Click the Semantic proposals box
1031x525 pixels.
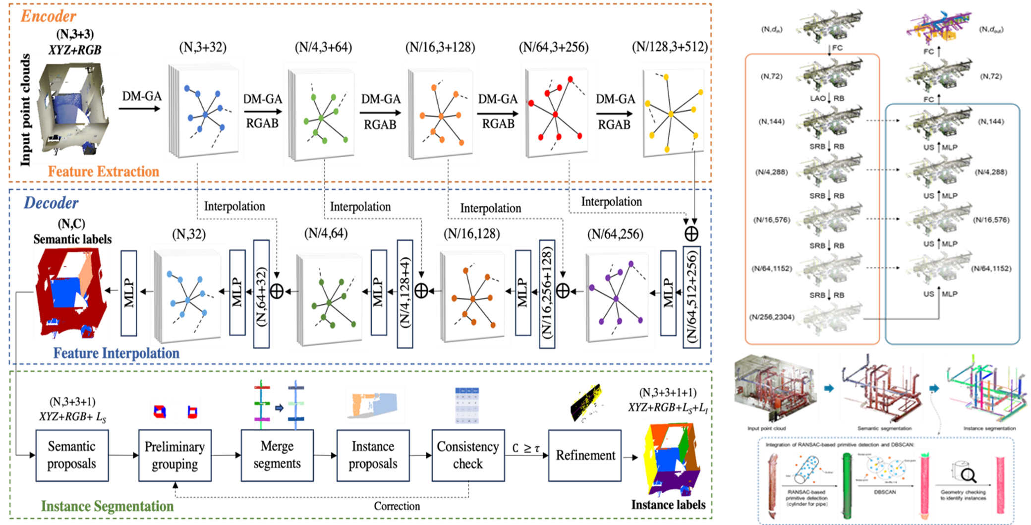coord(72,455)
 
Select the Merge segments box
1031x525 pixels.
coord(277,455)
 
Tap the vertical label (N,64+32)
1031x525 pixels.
coord(261,295)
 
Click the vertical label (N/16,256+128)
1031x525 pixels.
coord(547,294)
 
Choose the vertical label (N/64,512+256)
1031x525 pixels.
coord(691,296)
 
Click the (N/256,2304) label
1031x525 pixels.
coord(772,317)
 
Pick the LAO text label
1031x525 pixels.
coord(818,98)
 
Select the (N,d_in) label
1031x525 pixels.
coord(772,29)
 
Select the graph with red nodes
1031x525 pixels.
coord(555,113)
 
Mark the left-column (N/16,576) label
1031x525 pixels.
coord(772,220)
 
